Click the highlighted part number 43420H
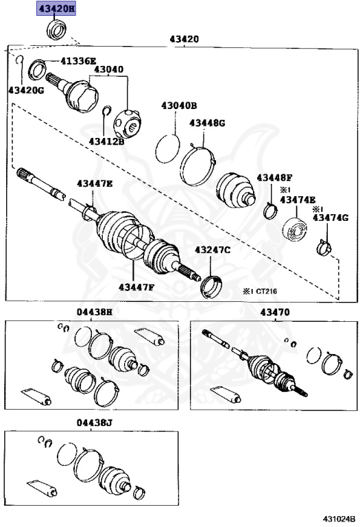click(56, 8)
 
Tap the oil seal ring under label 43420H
click(56, 30)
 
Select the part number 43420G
click(26, 90)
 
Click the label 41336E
click(78, 61)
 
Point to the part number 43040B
click(179, 106)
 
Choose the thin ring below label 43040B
click(168, 148)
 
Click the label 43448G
click(207, 123)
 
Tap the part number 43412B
click(106, 141)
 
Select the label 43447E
click(95, 183)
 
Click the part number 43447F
click(136, 287)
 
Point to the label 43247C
click(213, 250)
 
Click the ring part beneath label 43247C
click(211, 287)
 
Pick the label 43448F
click(275, 178)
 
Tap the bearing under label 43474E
click(294, 230)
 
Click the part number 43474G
click(331, 218)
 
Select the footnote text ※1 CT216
click(261, 291)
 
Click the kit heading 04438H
click(95, 312)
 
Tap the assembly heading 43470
click(275, 312)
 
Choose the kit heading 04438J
click(94, 422)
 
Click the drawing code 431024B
click(339, 519)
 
